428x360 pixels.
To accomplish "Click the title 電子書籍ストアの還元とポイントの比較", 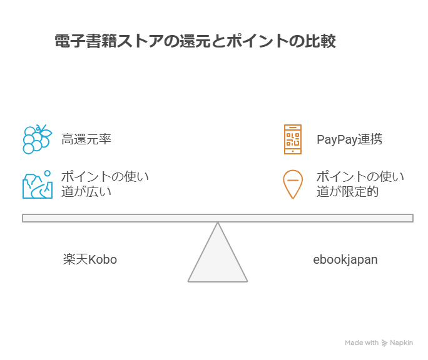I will (195, 42).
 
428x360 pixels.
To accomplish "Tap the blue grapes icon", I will (36, 139).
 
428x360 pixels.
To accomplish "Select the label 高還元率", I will (86, 139).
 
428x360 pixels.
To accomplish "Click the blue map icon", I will (37, 184).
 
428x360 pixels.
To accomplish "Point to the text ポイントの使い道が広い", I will (104, 184).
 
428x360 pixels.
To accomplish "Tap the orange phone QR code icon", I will (292, 139).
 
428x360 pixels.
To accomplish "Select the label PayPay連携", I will (349, 139).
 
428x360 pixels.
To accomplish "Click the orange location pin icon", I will (292, 184).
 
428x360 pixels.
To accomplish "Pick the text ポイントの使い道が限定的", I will (360, 184).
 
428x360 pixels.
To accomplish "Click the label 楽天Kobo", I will (89, 259).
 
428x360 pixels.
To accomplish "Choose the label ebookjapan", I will (345, 259).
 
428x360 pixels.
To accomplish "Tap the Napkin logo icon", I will (384, 343).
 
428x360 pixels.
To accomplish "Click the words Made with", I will (362, 343).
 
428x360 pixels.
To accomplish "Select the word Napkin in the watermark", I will (402, 343).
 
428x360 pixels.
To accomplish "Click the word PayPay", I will (337, 139).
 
